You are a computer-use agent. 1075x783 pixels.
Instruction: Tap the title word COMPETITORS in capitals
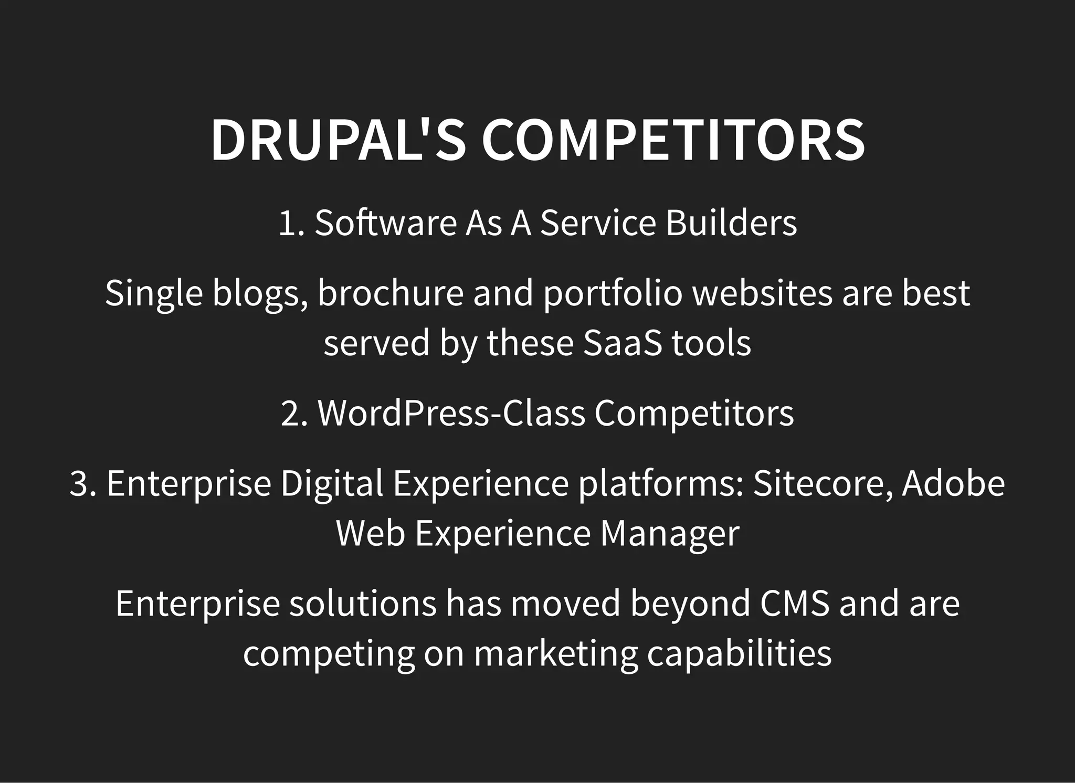coord(673,141)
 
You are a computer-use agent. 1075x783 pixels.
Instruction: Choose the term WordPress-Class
coord(451,414)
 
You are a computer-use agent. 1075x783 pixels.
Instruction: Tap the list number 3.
coord(83,483)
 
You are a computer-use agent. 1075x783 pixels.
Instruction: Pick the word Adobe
coord(953,483)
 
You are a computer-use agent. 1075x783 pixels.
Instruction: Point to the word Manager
coord(669,534)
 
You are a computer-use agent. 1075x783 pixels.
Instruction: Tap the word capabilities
coord(739,654)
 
